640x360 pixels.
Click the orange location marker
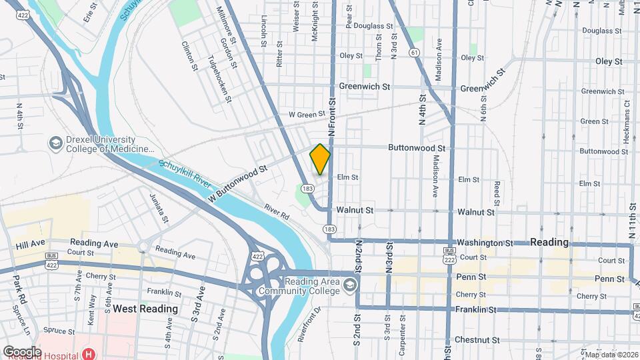point(320,159)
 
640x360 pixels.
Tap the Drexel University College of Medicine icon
point(55,143)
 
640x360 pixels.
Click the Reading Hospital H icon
point(88,353)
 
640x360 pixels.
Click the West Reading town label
point(145,309)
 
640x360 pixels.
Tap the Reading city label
point(549,242)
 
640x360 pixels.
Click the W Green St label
point(306,115)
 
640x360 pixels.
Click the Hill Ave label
point(29,245)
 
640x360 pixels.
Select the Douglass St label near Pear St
point(373,26)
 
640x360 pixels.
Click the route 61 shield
point(415,52)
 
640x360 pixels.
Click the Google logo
point(23,351)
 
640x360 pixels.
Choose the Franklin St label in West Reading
point(164,293)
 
